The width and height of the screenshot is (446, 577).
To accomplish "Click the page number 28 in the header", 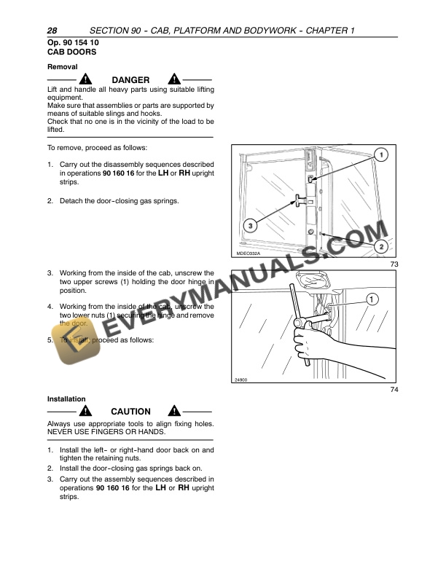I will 52,31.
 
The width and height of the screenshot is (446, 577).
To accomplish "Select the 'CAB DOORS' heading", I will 71,53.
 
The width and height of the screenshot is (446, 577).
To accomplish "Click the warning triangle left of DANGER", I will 87,79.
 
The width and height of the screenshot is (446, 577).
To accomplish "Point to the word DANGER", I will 130,80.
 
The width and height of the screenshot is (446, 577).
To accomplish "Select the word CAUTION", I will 130,412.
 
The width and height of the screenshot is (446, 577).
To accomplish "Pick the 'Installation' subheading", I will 66,399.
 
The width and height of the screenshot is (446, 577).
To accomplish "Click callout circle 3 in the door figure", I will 250,227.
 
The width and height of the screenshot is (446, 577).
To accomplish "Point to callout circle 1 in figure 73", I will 380,154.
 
